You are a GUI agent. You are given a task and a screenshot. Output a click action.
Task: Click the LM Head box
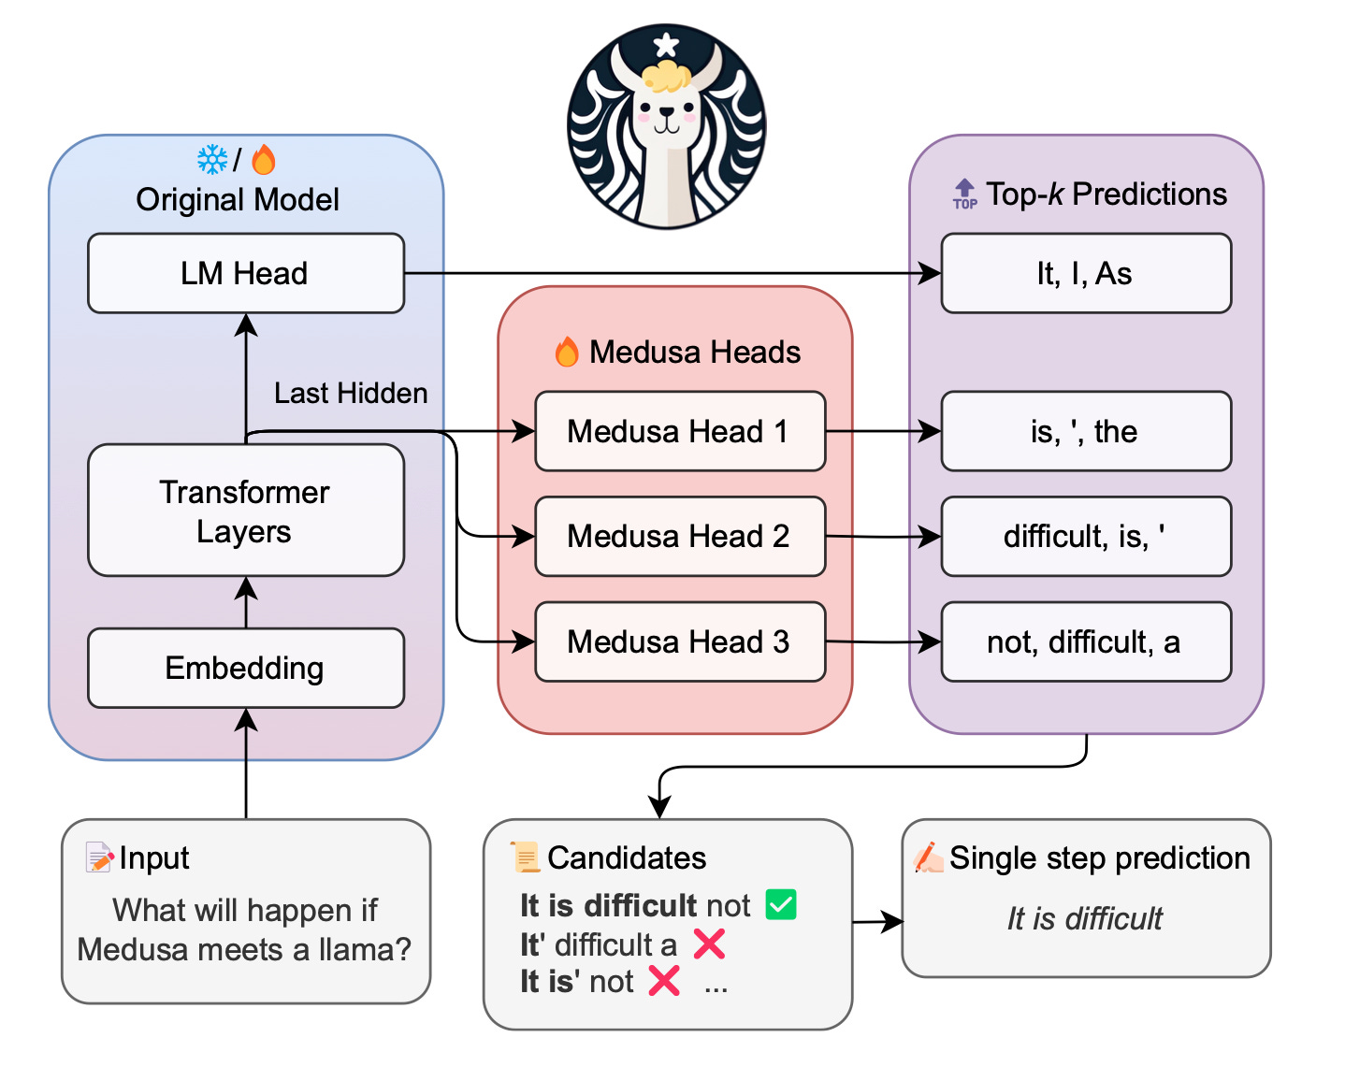point(245,273)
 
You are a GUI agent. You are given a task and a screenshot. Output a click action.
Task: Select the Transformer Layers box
point(245,511)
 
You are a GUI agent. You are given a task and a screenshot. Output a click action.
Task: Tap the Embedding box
point(245,668)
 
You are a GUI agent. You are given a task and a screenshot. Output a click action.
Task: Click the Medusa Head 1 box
point(679,431)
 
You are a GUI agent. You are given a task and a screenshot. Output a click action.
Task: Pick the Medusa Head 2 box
point(679,536)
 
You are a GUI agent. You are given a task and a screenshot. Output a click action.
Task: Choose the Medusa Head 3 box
point(679,641)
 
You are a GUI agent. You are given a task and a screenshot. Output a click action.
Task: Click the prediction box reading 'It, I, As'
point(1085,273)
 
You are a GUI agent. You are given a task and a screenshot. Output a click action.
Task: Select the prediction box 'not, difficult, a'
point(1085,641)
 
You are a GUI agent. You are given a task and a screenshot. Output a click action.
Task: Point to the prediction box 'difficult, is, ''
point(1085,536)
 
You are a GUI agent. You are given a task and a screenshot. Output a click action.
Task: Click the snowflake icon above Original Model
point(212,160)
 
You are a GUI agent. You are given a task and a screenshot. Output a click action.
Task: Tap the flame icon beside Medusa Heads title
point(567,353)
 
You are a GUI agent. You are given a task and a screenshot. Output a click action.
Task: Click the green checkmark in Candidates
point(781,905)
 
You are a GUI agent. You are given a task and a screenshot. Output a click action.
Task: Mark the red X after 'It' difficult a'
point(709,944)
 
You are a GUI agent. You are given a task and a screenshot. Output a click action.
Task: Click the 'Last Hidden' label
point(351,393)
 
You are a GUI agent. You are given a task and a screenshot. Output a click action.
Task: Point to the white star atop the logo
point(666,44)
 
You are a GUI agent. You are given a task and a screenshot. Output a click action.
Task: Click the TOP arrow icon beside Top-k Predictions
point(964,194)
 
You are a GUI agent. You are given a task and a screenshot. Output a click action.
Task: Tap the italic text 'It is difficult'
point(1085,918)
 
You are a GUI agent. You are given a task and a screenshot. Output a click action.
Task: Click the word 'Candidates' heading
point(627,857)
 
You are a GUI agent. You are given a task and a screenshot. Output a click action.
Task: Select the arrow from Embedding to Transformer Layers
point(246,602)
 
